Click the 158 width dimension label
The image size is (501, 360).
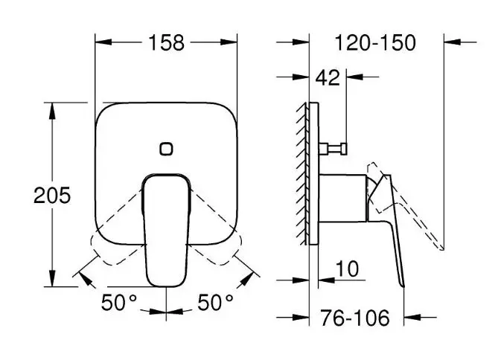click(167, 42)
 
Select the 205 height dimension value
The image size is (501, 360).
click(52, 196)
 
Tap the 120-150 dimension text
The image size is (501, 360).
click(375, 42)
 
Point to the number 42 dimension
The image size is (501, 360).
click(328, 77)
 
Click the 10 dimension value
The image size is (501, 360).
click(347, 269)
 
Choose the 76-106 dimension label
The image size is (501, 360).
click(355, 318)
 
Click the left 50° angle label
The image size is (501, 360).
click(119, 302)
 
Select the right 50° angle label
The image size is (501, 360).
click(215, 302)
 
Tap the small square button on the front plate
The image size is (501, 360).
click(166, 149)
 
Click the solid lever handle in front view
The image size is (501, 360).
click(166, 230)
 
